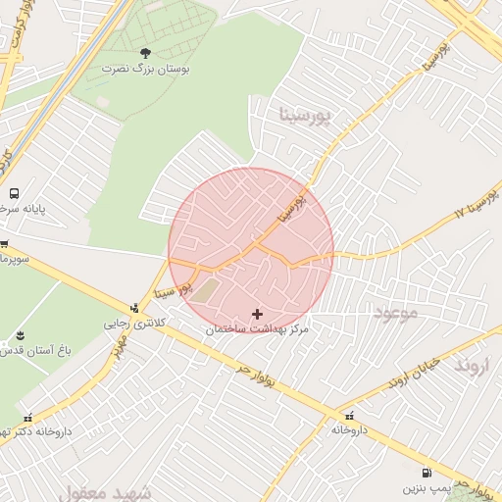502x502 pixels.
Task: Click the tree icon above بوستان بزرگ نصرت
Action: click(x=146, y=53)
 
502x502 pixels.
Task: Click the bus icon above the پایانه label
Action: click(x=14, y=193)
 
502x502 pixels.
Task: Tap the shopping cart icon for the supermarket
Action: click(x=4, y=243)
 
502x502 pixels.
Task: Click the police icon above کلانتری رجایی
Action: click(x=135, y=308)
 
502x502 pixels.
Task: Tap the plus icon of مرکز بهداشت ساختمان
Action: click(x=257, y=314)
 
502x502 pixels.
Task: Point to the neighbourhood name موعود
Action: click(x=395, y=313)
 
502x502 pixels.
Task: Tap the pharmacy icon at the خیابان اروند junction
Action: click(x=351, y=415)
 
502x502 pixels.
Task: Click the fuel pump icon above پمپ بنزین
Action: click(x=427, y=472)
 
